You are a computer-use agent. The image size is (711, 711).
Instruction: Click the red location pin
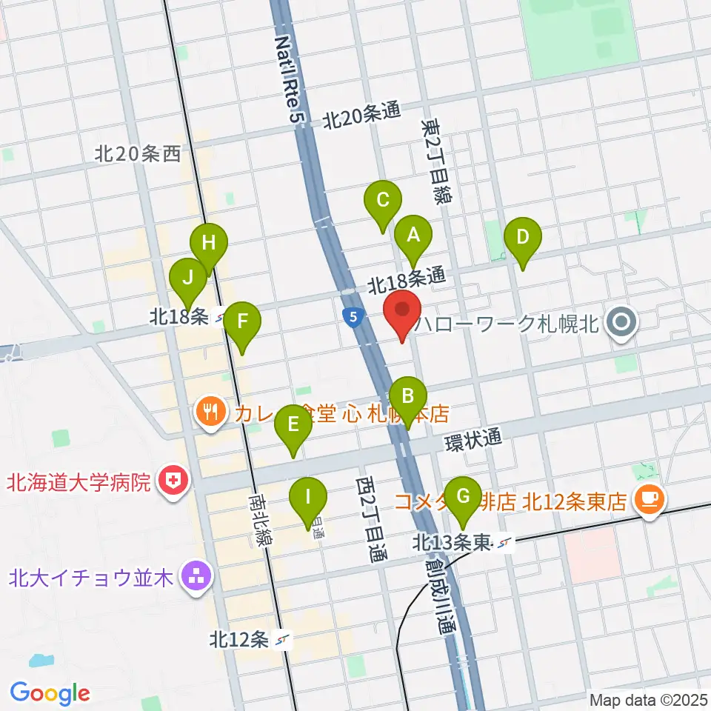pos(401,313)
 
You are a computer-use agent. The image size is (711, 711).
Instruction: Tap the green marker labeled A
pos(414,236)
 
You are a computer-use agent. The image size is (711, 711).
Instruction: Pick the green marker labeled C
pos(383,201)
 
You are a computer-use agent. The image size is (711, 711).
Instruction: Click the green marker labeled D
pos(523,239)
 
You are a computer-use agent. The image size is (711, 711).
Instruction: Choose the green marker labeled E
pos(293,426)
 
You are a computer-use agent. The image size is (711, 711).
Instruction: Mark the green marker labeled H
pos(209,244)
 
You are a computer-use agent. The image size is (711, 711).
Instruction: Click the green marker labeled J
pos(188,279)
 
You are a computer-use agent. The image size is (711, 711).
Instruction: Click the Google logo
pos(50,693)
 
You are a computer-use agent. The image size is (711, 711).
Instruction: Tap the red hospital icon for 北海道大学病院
pos(173,483)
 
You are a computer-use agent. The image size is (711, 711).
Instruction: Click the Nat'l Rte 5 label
pos(290,81)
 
